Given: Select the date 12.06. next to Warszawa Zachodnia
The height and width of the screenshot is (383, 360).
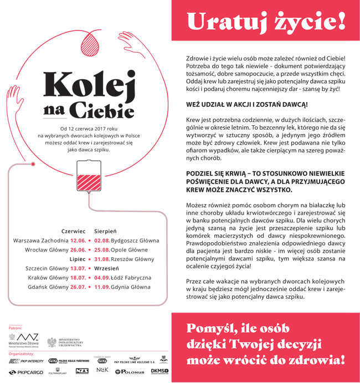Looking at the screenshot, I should coord(78,241).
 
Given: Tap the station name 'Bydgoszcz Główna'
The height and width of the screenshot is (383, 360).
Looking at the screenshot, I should coord(135,241).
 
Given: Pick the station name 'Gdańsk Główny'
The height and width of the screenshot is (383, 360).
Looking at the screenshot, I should coord(48,287).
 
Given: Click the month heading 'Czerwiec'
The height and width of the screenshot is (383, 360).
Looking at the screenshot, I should coord(73,231).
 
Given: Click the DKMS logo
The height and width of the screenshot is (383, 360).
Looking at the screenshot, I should coord(160,370).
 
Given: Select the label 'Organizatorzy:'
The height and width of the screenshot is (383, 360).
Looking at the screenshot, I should coord(20,353).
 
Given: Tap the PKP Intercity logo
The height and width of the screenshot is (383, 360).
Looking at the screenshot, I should coord(26,361).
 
